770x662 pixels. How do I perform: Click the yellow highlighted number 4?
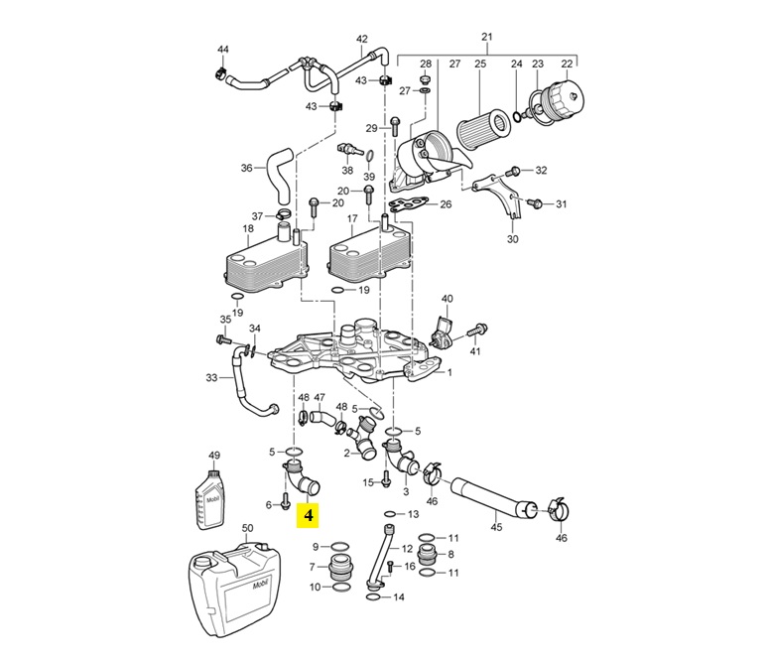point(310,515)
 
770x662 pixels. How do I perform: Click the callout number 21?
point(486,37)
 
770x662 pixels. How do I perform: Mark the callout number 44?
point(222,50)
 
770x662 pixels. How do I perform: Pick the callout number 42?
point(361,40)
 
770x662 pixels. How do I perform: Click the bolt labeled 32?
point(516,170)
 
